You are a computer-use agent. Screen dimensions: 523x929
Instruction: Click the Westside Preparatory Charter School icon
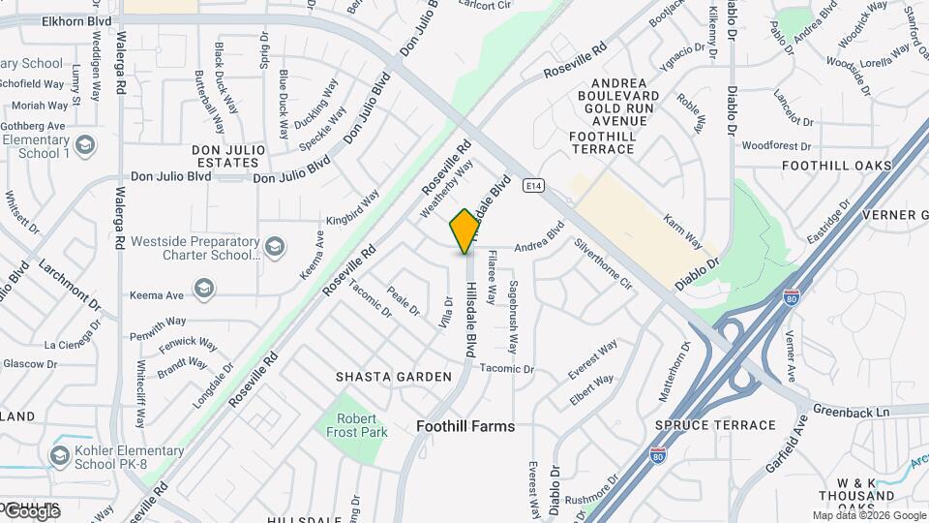(x=275, y=245)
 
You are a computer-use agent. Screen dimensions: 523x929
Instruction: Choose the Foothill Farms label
(x=465, y=426)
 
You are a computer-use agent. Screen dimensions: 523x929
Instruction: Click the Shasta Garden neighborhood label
(x=394, y=376)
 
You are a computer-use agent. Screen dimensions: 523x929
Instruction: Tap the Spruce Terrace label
(x=715, y=425)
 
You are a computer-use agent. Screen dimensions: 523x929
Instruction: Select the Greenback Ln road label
(x=851, y=412)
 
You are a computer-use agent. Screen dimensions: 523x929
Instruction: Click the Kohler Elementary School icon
(x=59, y=455)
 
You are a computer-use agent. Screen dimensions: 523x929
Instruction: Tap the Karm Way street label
(x=683, y=231)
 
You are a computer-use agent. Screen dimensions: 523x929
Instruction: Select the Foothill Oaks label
(x=836, y=166)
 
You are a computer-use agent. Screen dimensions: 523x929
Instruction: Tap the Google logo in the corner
(x=31, y=510)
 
